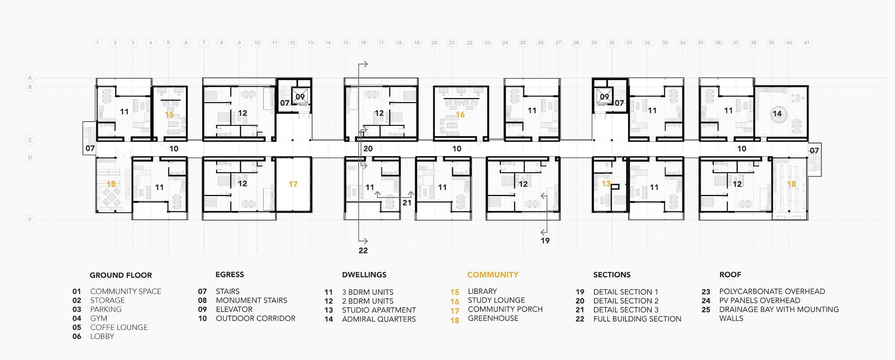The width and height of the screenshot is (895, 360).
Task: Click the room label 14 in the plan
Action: pos(777,114)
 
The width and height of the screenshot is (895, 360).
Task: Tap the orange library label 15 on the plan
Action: pos(169,114)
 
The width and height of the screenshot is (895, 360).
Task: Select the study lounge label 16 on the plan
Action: pos(460,114)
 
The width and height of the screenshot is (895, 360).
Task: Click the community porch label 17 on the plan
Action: pos(293,184)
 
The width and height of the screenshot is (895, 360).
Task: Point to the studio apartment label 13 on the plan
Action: pos(606,184)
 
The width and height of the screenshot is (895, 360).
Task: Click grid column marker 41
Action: pos(806,43)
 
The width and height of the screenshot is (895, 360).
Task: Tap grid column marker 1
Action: pos(97,43)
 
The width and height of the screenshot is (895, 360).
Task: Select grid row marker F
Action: pos(30,220)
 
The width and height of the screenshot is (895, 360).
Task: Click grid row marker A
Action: pos(30,78)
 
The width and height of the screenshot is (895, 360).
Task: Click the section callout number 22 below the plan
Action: pos(363,251)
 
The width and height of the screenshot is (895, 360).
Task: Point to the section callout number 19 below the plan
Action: pos(545,241)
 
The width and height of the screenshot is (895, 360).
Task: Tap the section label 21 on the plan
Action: pos(407,203)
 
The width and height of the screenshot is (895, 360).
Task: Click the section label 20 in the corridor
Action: pos(368,149)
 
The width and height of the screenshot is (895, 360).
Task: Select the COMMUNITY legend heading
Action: pos(492,275)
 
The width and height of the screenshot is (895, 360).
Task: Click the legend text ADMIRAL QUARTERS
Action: pos(379,319)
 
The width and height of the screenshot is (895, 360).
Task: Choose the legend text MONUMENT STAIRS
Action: pos(251,301)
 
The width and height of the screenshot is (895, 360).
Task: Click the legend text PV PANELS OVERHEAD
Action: pos(760,301)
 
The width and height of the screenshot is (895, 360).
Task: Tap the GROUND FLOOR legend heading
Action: pos(121,275)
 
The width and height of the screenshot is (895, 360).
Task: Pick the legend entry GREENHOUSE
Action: pos(493,318)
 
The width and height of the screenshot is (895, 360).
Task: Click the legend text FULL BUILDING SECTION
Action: pos(637,319)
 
